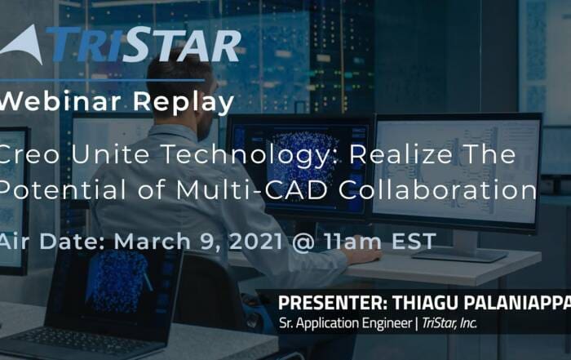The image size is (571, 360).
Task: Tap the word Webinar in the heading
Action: click(60, 101)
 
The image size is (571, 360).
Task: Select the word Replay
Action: click(184, 103)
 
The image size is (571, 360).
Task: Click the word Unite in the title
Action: click(110, 153)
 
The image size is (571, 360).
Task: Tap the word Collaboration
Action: click(438, 189)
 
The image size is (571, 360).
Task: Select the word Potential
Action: click(63, 189)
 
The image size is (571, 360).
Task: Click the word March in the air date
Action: click(153, 241)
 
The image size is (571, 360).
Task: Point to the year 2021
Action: click(256, 241)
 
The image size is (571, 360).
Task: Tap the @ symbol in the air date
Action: click(303, 242)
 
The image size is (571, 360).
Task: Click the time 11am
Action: click(353, 241)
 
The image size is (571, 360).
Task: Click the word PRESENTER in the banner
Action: click(333, 303)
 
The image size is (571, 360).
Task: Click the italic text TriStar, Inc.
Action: click(449, 323)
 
